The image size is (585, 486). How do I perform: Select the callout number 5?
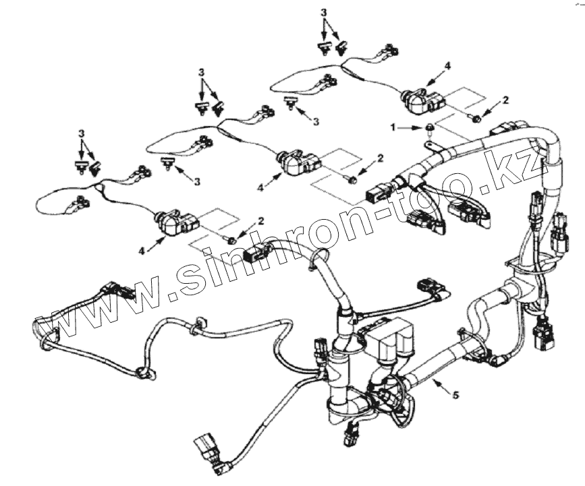click(455, 395)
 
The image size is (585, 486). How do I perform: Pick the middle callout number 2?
click(380, 158)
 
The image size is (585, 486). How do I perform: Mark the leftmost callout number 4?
click(142, 251)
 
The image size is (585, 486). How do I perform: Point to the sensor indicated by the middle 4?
click(299, 162)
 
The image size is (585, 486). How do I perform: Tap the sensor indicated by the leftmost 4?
click(176, 223)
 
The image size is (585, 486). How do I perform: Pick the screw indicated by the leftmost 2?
click(232, 239)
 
